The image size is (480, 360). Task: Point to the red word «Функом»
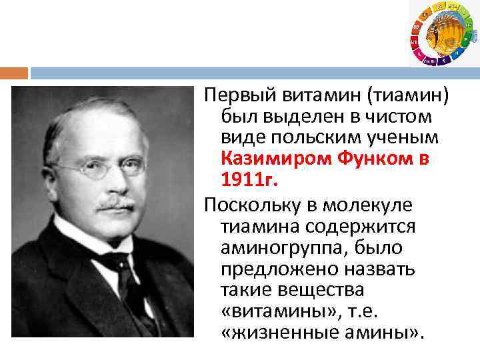tap(374, 159)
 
